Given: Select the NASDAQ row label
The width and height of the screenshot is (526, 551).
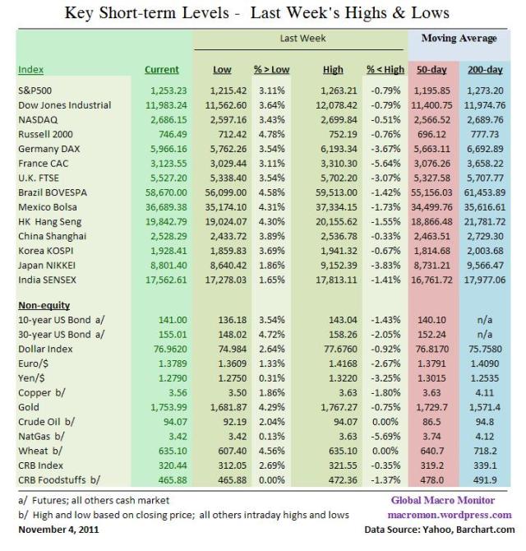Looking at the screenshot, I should (x=38, y=120).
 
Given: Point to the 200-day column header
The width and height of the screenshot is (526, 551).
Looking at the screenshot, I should (x=486, y=69).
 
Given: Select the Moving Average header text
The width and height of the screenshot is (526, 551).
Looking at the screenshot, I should (x=459, y=39).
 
